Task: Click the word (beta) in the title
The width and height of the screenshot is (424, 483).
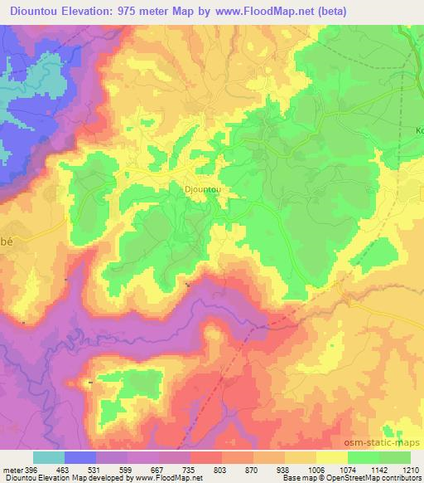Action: coord(325,11)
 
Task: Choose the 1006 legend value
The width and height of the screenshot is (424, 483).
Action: coord(315,470)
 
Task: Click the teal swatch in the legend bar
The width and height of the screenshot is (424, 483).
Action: coord(49,457)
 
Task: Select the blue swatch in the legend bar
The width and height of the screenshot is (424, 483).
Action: coord(80,457)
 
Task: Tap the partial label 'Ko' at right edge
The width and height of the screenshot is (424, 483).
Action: coord(418,130)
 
